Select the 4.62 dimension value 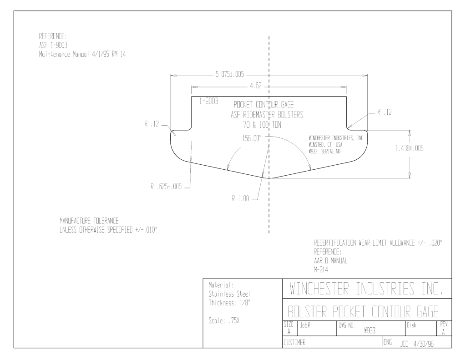[256, 86]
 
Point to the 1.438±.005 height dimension [410, 148]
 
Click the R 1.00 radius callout [240, 198]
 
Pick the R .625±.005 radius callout [166, 187]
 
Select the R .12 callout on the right [385, 112]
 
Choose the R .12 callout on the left [152, 124]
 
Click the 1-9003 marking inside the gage [208, 101]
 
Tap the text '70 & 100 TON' [262, 125]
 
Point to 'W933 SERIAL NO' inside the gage [324, 151]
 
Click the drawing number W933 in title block [370, 331]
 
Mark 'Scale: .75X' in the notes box [224, 321]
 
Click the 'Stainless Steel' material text [229, 294]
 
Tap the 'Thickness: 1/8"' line [229, 303]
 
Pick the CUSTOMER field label [294, 342]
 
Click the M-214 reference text [321, 269]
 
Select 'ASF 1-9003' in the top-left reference [53, 45]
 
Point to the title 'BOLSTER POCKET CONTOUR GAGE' [363, 312]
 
